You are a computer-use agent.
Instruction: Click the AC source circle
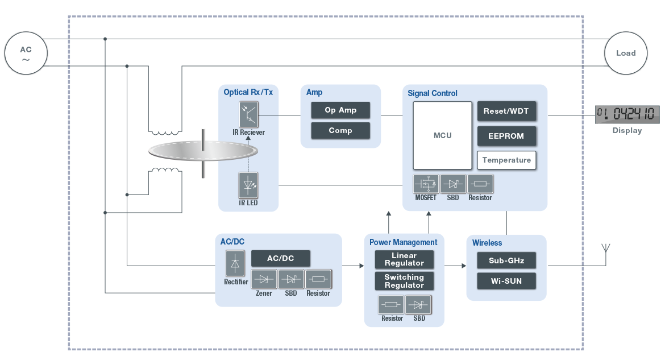click(x=26, y=53)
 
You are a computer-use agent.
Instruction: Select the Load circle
click(x=626, y=53)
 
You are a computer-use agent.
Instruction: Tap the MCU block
click(x=442, y=136)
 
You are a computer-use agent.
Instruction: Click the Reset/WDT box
click(x=506, y=111)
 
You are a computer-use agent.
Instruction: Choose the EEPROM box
click(x=506, y=136)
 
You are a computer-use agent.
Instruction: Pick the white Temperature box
click(x=506, y=160)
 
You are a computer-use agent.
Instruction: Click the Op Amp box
click(x=340, y=110)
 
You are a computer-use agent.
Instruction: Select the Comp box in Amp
click(x=340, y=130)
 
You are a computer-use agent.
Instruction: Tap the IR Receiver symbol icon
click(x=248, y=114)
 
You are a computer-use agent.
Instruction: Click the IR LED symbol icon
click(x=248, y=185)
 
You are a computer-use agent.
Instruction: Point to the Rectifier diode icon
click(x=236, y=264)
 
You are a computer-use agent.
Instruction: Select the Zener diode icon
click(x=263, y=279)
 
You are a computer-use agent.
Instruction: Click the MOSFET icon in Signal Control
click(x=426, y=184)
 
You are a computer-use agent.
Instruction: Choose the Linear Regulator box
click(x=404, y=259)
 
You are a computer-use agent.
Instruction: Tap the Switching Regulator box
click(x=404, y=281)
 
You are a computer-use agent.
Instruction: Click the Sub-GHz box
click(x=506, y=261)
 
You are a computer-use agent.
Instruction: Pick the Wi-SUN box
click(x=506, y=281)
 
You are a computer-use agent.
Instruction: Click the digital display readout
click(x=627, y=114)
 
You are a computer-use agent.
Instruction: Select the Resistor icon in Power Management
click(x=391, y=304)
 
